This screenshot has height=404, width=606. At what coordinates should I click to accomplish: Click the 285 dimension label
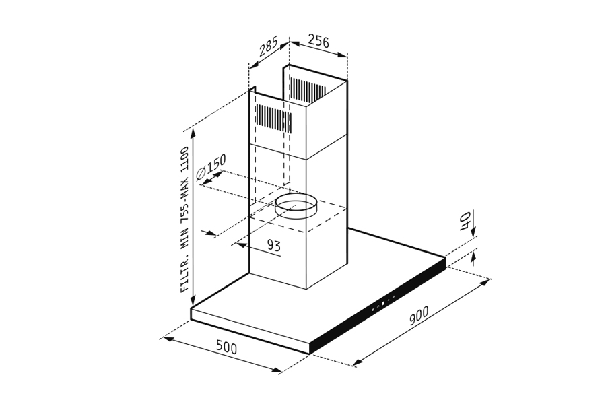pyautogui.click(x=269, y=46)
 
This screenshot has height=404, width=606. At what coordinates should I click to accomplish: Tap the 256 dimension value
pyautogui.click(x=318, y=41)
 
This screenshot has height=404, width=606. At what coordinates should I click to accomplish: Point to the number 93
pyautogui.click(x=273, y=245)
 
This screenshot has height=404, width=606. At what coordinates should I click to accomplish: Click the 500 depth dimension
pyautogui.click(x=226, y=347)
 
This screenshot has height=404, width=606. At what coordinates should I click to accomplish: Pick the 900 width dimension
pyautogui.click(x=419, y=316)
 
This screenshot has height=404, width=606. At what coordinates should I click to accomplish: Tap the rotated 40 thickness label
pyautogui.click(x=465, y=221)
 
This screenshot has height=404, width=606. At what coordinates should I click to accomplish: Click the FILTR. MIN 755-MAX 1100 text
pyautogui.click(x=186, y=220)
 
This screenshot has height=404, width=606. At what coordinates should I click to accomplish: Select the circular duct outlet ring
pyautogui.click(x=296, y=207)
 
